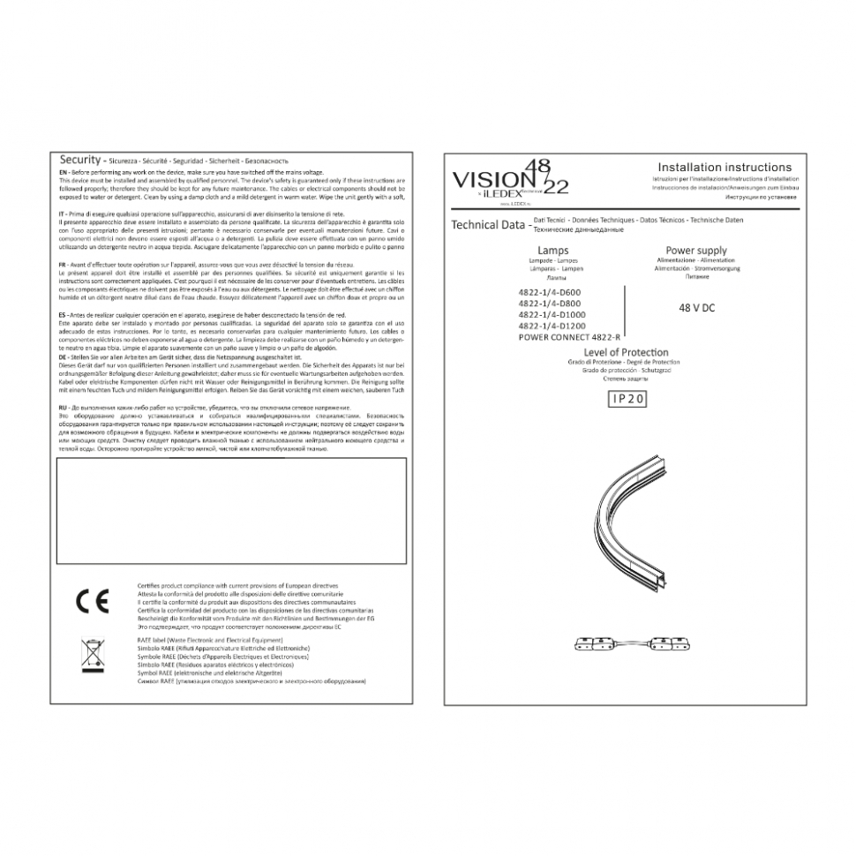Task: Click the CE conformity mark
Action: click(x=92, y=601)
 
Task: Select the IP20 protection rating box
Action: click(x=627, y=399)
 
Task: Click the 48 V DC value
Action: click(x=697, y=308)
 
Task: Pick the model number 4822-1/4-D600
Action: click(x=550, y=292)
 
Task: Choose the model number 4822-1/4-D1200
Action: click(x=552, y=326)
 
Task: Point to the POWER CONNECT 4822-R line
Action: click(x=569, y=337)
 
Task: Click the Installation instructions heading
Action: click(x=725, y=167)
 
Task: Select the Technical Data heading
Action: click(x=488, y=225)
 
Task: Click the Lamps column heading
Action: click(x=552, y=252)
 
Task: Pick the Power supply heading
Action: click(x=696, y=251)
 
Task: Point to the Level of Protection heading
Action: click(x=627, y=352)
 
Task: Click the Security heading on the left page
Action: click(x=79, y=160)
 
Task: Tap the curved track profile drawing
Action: click(x=631, y=538)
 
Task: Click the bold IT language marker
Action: click(x=61, y=214)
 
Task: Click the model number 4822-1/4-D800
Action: click(x=550, y=304)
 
